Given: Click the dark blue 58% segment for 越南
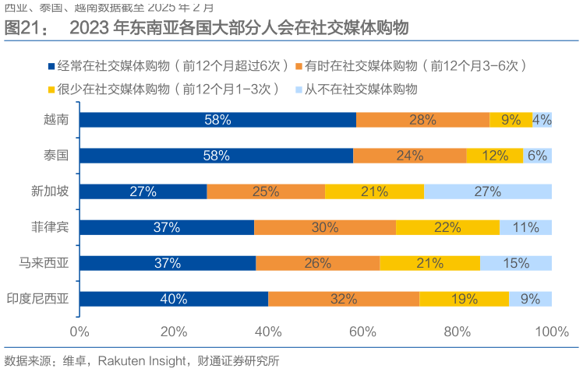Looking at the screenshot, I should point(217,120).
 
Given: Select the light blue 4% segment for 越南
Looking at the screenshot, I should point(542,120).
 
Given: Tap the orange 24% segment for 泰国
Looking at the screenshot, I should point(410,156).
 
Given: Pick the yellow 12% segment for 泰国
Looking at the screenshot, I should point(495,156).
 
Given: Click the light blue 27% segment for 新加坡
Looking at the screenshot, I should point(488,191).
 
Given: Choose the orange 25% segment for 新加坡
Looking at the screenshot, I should point(266,191).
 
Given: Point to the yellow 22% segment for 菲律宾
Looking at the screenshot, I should point(447,227).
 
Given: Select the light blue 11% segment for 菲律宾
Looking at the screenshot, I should point(526,227).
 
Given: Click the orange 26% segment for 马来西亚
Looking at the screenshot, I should point(318,263).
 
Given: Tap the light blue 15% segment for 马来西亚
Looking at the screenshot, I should point(516,263).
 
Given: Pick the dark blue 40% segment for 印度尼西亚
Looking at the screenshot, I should point(174,299).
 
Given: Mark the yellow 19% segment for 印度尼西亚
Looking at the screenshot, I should point(464,299).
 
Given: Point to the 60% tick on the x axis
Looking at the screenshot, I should point(362,332).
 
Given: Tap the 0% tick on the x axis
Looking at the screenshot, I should point(79,332).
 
